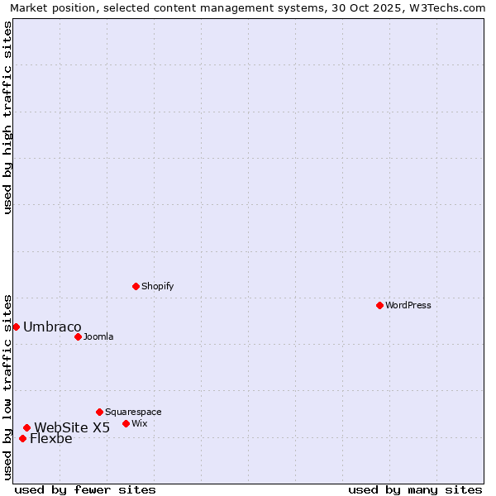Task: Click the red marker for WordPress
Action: (379, 305)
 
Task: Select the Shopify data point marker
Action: (136, 286)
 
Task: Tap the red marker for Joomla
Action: (78, 336)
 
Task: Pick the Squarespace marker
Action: (99, 412)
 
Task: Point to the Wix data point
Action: (126, 423)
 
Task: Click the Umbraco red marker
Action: (16, 327)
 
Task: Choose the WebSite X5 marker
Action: (26, 427)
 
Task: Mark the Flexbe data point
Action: (22, 438)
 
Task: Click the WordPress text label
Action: (408, 305)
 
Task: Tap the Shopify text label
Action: (158, 286)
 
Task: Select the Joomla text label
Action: (98, 336)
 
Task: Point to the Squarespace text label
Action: (133, 412)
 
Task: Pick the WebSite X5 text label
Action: (72, 427)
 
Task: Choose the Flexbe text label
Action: (51, 438)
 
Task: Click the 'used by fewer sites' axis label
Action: (85, 489)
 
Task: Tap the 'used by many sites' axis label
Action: (415, 489)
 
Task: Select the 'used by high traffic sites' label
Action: (8, 117)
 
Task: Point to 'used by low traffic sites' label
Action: (8, 386)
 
